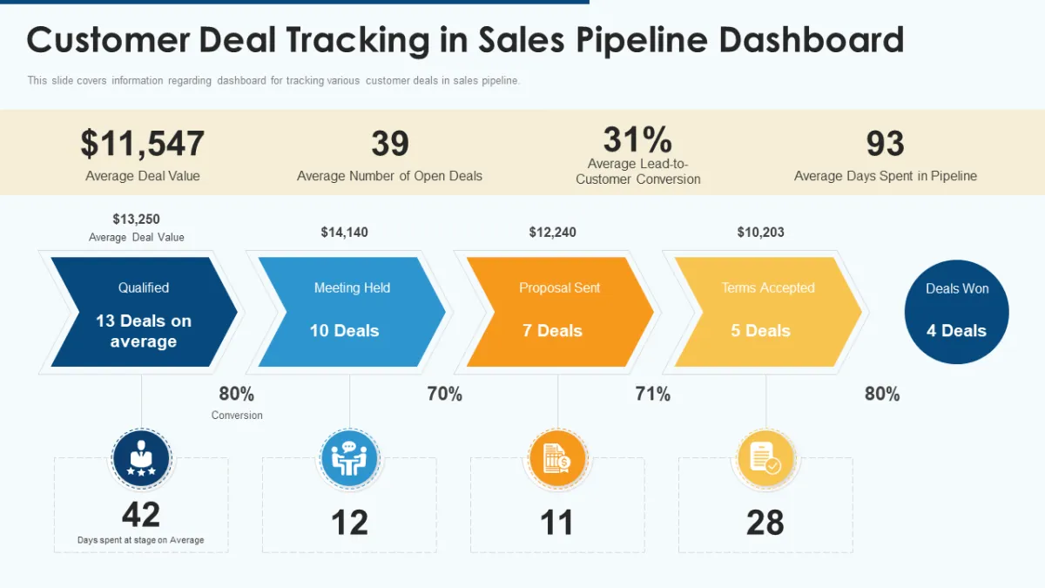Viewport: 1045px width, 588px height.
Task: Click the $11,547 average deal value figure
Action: pyautogui.click(x=143, y=144)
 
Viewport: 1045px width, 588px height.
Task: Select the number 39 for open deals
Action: pyautogui.click(x=389, y=144)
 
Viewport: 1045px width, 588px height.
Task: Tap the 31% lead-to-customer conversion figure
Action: pyautogui.click(x=637, y=139)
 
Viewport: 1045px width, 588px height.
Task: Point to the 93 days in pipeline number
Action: pyautogui.click(x=885, y=144)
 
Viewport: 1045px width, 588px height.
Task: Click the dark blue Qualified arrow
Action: pyautogui.click(x=143, y=312)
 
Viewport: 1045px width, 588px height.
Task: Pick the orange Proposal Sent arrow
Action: pyautogui.click(x=558, y=312)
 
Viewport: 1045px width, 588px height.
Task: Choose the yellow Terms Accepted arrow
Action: pyautogui.click(x=766, y=312)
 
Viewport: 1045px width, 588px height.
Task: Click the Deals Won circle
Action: pyautogui.click(x=956, y=311)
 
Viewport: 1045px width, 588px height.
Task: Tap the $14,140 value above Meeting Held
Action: pyautogui.click(x=344, y=233)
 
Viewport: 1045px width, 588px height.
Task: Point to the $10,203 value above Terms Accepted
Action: pyautogui.click(x=760, y=233)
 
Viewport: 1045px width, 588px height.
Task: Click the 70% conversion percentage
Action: pyautogui.click(x=444, y=394)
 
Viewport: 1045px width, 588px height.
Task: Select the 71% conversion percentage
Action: pyautogui.click(x=652, y=394)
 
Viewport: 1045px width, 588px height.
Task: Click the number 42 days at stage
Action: pyautogui.click(x=141, y=515)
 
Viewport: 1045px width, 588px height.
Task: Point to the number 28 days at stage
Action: pyautogui.click(x=765, y=523)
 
